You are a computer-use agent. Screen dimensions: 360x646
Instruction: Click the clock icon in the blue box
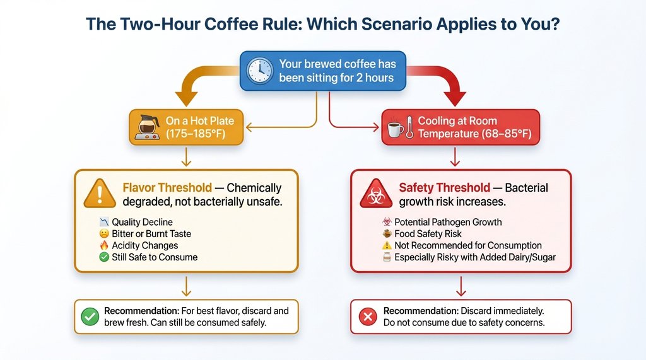[x=259, y=71]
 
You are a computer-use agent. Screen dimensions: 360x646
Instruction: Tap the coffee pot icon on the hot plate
[x=148, y=127]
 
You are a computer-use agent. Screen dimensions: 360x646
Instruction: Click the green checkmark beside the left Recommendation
[x=89, y=316]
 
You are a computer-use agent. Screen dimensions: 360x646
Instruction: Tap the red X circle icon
[x=367, y=317]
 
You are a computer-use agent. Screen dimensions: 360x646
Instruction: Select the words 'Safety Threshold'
[x=444, y=188]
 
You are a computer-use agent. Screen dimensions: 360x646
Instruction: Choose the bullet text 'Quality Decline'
[x=142, y=222]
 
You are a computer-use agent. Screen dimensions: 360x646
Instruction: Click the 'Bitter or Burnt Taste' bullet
[x=151, y=234]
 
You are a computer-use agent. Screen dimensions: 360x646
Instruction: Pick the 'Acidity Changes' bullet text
[x=144, y=245]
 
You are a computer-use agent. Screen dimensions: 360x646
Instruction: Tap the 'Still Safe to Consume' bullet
[x=155, y=257]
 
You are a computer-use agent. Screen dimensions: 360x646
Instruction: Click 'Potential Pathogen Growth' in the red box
[x=448, y=222]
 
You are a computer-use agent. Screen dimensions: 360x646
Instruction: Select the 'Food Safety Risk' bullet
[x=428, y=234]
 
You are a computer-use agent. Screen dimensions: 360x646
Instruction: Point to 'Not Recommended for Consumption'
[x=467, y=245]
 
